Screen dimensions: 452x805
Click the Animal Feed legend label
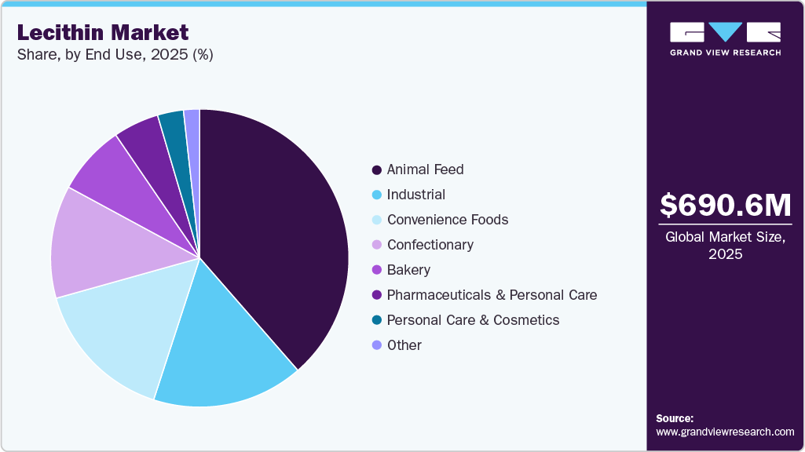(x=425, y=169)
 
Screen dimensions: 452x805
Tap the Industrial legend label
(x=415, y=195)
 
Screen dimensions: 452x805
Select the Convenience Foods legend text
(x=447, y=220)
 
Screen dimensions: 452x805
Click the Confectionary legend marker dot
(x=377, y=245)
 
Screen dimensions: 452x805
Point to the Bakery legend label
(x=408, y=270)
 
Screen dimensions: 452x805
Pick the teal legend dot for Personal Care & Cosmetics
(x=377, y=320)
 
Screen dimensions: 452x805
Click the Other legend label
(x=404, y=345)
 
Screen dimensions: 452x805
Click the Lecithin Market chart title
(x=103, y=32)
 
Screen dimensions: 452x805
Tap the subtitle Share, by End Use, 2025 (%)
(x=115, y=54)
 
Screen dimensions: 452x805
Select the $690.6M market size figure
(x=725, y=205)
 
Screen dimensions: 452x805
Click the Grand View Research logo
(x=725, y=38)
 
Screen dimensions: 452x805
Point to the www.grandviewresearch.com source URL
(x=725, y=432)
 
